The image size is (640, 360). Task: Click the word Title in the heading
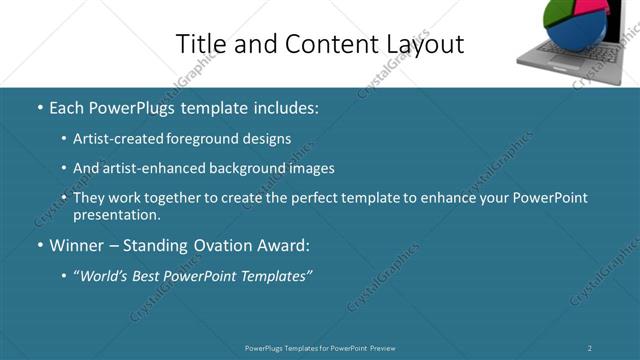click(x=196, y=44)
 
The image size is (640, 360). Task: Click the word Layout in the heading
click(x=428, y=44)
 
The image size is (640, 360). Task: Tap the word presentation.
click(x=116, y=214)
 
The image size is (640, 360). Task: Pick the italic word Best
click(x=146, y=274)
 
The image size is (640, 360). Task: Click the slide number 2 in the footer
click(x=590, y=348)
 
